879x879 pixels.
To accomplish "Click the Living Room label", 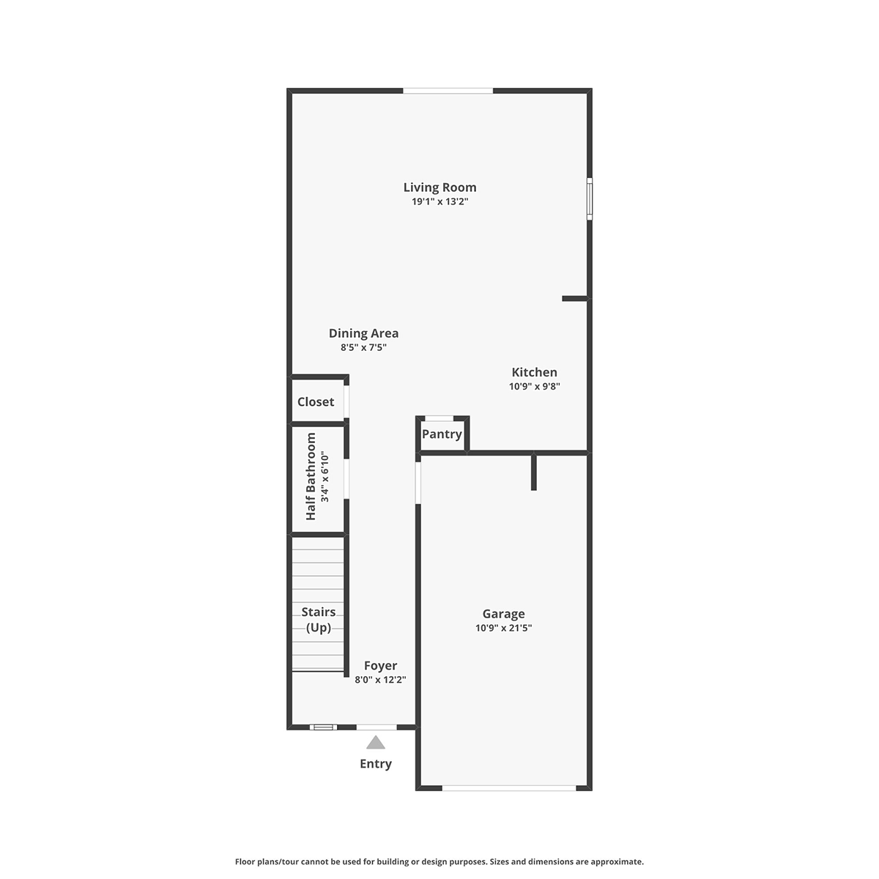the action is (x=439, y=188).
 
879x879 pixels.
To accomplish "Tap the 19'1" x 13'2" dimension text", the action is (x=439, y=201).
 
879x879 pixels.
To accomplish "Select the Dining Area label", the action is (x=363, y=333).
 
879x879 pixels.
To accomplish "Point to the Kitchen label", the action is (x=534, y=372).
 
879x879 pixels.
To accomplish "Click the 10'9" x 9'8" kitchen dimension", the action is (x=534, y=386).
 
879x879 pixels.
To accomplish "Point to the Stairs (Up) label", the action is (x=319, y=620).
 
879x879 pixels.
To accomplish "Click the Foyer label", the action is (x=380, y=666).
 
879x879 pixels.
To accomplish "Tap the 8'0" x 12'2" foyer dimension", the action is (x=380, y=680).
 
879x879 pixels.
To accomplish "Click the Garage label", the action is (x=503, y=614).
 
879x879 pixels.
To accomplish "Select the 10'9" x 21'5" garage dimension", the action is (x=503, y=628).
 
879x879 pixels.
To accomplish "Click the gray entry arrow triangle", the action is (x=376, y=742).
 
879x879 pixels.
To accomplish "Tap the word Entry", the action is (x=376, y=763).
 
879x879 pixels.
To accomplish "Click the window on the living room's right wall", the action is (x=590, y=199).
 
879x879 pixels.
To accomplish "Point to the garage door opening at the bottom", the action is (x=509, y=787).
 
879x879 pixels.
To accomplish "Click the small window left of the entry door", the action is (x=324, y=727).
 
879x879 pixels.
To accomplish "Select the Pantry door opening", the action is (x=439, y=418).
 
